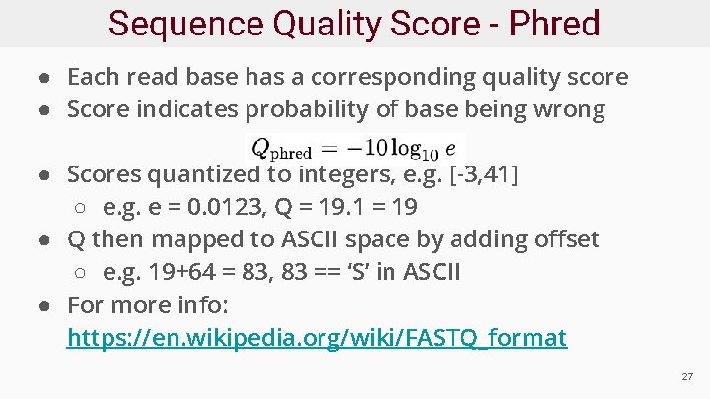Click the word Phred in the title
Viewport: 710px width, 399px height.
tap(554, 23)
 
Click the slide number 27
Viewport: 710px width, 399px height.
tap(687, 377)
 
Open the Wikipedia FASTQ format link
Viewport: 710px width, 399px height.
tap(317, 338)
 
